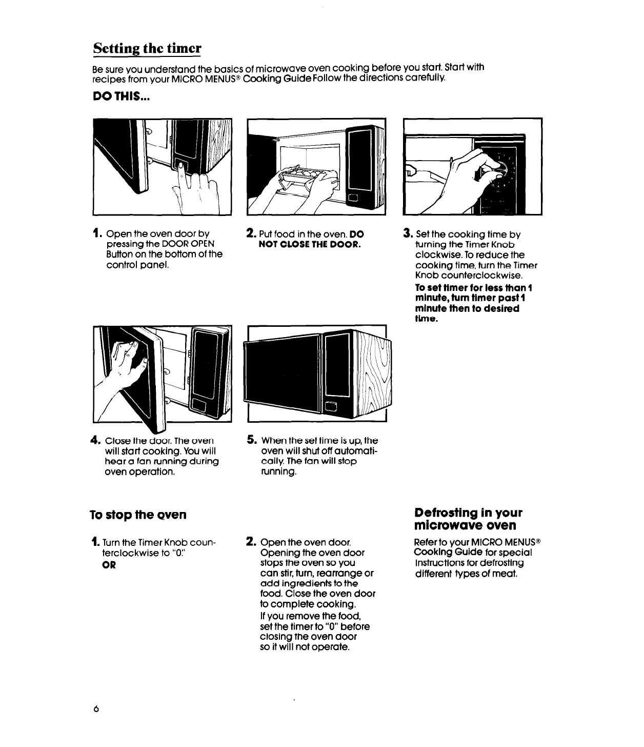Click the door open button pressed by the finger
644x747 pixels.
coord(181,166)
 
